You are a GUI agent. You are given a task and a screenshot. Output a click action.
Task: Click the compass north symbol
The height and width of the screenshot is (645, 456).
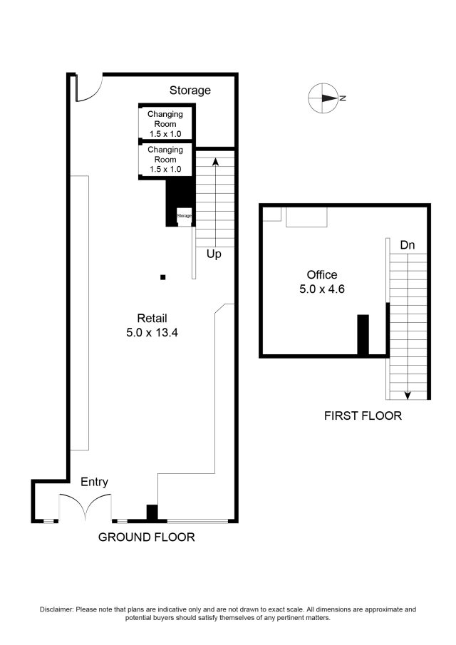(x=323, y=98)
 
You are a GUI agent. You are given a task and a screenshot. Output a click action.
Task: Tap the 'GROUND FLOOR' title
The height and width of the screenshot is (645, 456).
(x=146, y=537)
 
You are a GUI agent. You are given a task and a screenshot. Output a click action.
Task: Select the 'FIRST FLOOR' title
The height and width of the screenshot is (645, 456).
(x=363, y=416)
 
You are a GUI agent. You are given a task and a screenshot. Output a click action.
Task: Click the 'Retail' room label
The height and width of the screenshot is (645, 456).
(x=152, y=318)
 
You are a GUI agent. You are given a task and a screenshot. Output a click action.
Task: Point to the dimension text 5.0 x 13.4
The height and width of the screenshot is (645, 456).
(x=152, y=332)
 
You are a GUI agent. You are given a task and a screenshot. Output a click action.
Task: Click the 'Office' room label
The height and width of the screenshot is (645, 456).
(x=322, y=274)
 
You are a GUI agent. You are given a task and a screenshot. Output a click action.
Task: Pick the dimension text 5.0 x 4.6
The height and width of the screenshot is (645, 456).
(x=322, y=289)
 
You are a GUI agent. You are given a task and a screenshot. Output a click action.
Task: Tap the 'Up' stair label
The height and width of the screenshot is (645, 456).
(x=214, y=254)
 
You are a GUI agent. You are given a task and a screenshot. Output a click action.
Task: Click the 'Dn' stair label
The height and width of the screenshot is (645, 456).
(x=408, y=244)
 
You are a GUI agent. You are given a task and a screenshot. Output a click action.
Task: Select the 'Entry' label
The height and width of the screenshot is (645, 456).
(x=94, y=482)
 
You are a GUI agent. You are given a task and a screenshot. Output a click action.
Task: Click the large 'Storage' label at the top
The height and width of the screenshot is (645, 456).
(x=190, y=90)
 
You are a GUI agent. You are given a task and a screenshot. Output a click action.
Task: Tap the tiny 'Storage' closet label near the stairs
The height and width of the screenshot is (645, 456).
(x=185, y=215)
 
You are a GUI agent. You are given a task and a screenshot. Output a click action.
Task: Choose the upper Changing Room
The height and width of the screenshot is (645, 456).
(x=165, y=123)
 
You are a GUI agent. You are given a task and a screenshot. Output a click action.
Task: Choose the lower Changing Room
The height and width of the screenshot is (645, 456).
(x=165, y=159)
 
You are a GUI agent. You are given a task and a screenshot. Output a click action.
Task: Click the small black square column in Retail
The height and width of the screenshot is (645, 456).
(x=163, y=277)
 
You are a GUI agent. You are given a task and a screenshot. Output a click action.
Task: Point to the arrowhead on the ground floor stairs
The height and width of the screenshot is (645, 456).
(x=215, y=161)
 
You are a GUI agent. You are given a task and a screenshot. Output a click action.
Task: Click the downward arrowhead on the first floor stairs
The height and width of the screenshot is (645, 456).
(x=408, y=396)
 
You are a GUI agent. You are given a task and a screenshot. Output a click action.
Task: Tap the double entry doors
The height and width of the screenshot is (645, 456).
(x=85, y=505)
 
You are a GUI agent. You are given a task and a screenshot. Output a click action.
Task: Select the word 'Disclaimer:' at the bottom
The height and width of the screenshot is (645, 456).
(x=56, y=609)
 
